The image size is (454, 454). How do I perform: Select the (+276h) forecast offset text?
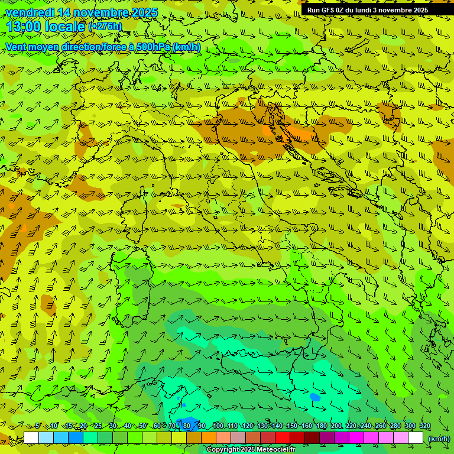[105, 27]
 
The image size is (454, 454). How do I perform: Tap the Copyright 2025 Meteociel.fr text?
[251, 450]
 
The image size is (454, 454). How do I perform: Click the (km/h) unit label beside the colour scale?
[439, 439]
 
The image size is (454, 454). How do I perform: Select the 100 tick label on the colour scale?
[218, 426]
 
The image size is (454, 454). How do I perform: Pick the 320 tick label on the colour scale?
[424, 426]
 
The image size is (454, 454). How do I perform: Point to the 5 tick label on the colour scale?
[38, 426]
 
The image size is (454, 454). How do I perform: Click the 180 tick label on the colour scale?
[321, 426]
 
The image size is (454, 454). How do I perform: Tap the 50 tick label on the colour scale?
[143, 426]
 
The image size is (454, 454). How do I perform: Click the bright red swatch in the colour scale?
[283, 438]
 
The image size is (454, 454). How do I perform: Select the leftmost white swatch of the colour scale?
[31, 438]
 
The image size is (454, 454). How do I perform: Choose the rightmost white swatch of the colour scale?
[416, 438]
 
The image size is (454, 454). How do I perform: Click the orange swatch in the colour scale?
[209, 438]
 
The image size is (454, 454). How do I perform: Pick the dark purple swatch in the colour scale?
[327, 438]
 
